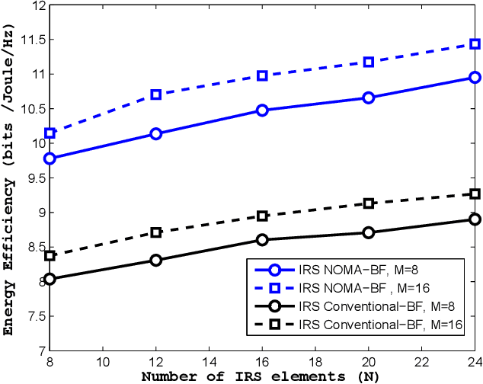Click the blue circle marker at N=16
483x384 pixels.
tap(262, 110)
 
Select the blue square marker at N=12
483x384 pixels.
tap(156, 94)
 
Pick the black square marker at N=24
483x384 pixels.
tap(475, 194)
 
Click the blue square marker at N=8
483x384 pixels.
tap(50, 133)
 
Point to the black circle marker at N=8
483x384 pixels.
tap(50, 279)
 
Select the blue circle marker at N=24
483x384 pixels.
tap(475, 78)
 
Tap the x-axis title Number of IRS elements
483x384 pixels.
tap(261, 376)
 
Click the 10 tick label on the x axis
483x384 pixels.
tap(103, 361)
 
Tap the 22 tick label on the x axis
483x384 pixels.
tap(421, 361)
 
